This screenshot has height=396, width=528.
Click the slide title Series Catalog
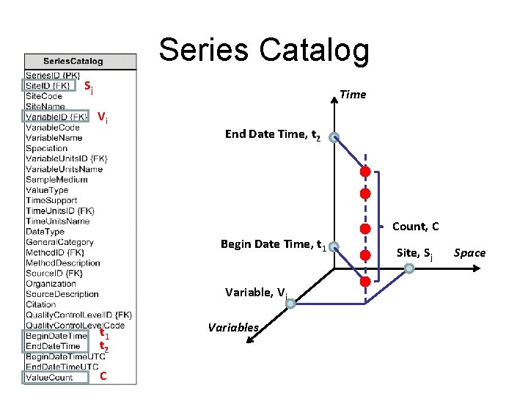point(264,50)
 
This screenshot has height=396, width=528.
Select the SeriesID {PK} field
point(53,75)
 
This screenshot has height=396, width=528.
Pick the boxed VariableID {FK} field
point(56,117)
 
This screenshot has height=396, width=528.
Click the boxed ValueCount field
point(49,378)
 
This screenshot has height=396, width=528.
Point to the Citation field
point(41,304)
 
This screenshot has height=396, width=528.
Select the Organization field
point(51,284)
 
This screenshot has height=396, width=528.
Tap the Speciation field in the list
point(46,148)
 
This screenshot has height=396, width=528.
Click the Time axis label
point(353,94)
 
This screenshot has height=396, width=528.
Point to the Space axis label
point(469,253)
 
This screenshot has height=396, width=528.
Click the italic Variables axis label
point(232,328)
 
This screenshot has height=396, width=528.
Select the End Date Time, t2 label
point(272,134)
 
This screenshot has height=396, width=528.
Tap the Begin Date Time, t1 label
point(273,244)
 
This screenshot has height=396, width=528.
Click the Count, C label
point(416,227)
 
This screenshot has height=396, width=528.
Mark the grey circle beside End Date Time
point(334,137)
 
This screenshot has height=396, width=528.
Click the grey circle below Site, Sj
point(410,269)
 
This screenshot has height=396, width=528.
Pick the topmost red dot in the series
point(364,172)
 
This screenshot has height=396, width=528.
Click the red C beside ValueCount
point(103,377)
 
